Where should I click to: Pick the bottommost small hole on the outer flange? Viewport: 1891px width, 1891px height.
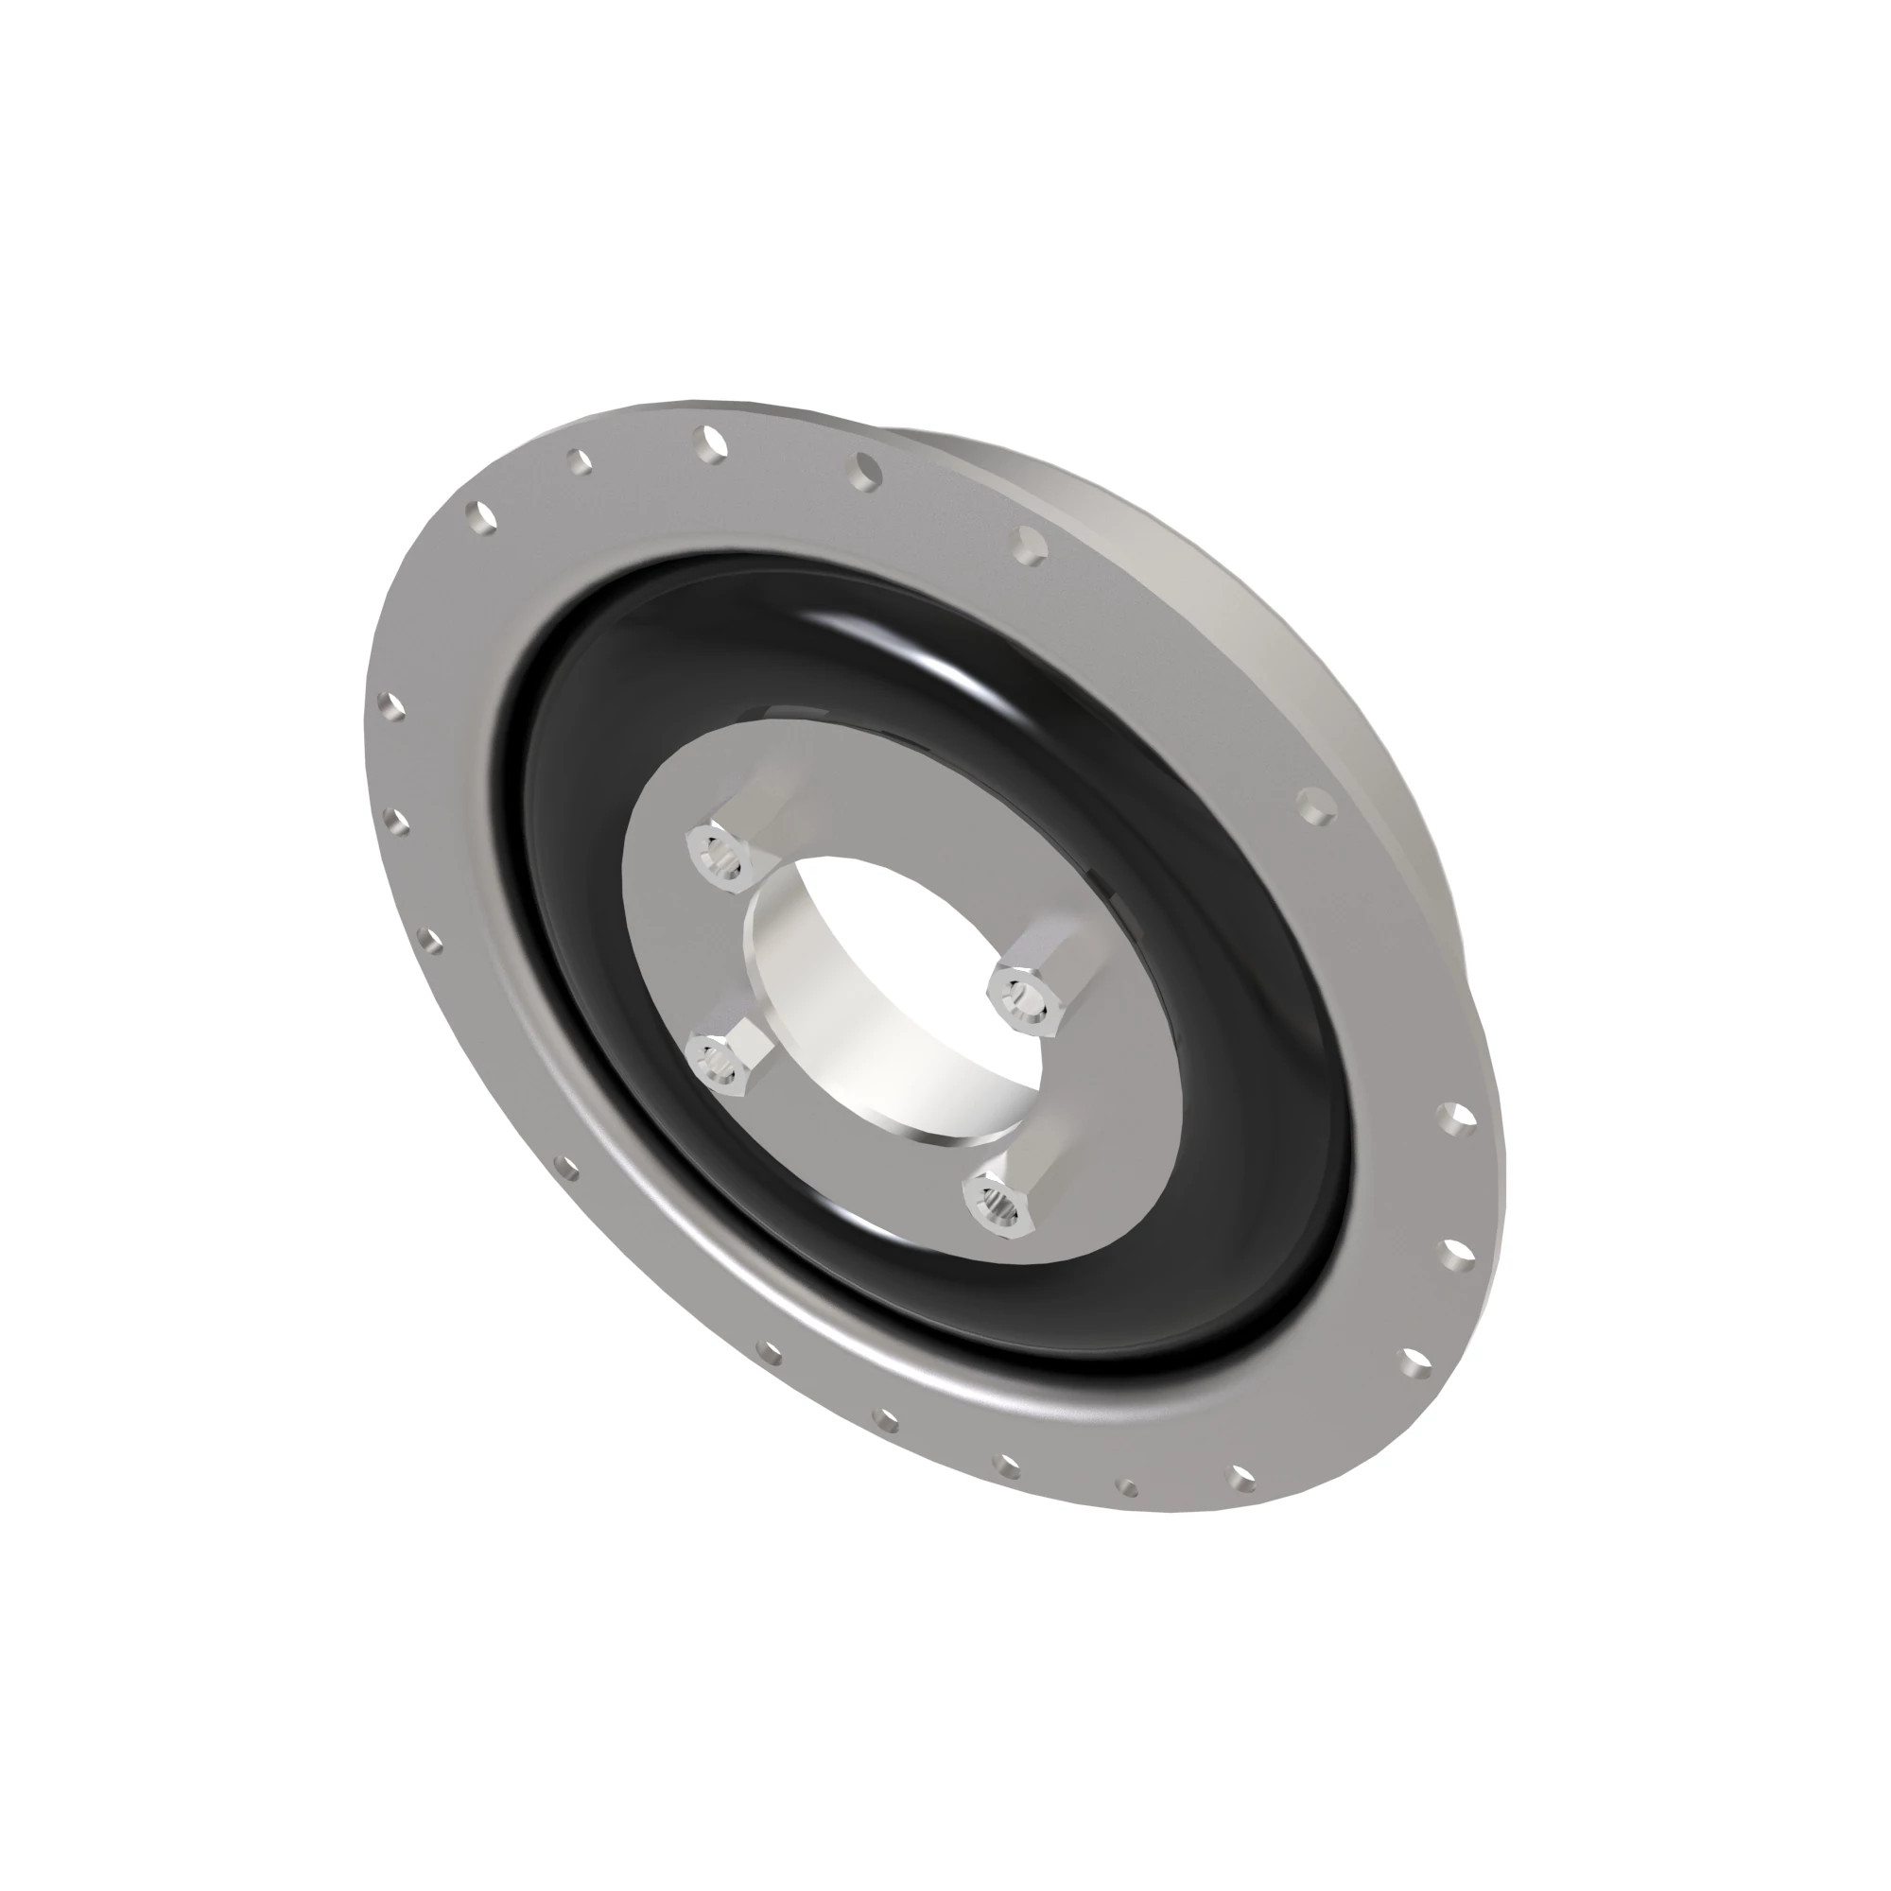tap(1128, 1515)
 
